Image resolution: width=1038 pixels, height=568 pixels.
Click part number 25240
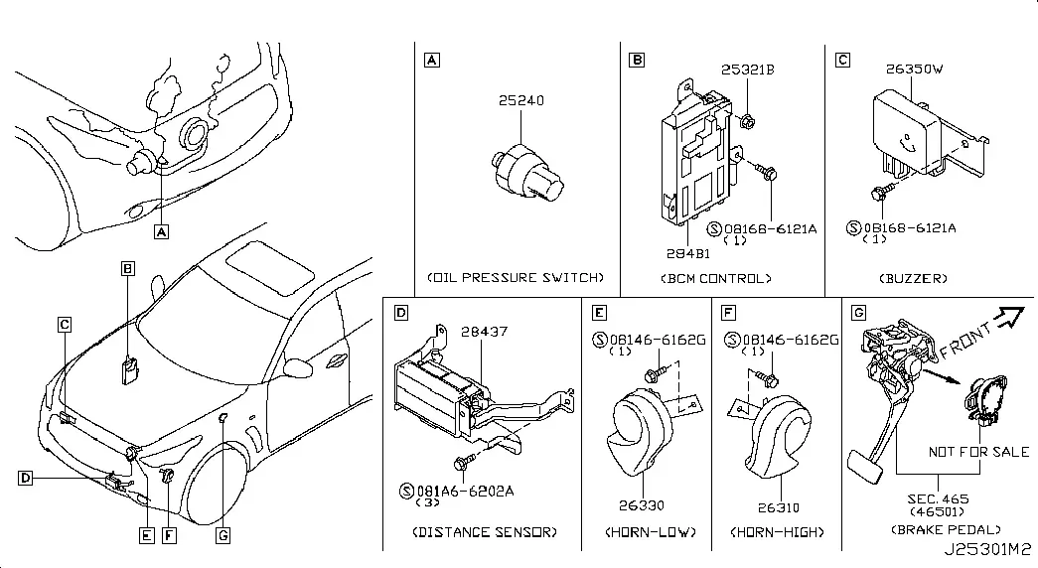tap(520, 100)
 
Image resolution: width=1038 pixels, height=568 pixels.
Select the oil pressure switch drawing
tap(527, 173)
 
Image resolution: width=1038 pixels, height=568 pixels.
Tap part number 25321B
tap(747, 70)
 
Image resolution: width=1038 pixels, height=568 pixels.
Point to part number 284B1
tap(688, 253)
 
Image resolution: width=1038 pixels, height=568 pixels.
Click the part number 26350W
tap(914, 69)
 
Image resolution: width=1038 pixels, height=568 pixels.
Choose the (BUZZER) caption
tap(913, 279)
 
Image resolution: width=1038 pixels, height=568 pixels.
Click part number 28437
tap(485, 331)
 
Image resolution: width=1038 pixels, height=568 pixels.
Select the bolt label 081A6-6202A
tap(465, 492)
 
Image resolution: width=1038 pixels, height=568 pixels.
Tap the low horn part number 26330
tap(642, 505)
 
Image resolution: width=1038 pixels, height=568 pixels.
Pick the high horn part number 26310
tap(779, 507)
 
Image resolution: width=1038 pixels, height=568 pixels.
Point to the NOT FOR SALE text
tap(978, 452)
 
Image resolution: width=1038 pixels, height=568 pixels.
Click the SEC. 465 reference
tap(938, 499)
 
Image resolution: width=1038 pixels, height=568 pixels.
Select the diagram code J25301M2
tap(987, 549)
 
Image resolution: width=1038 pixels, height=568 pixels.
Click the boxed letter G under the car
tap(223, 535)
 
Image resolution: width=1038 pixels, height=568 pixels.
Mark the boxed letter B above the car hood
tap(128, 268)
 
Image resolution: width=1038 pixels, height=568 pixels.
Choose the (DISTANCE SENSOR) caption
tap(485, 532)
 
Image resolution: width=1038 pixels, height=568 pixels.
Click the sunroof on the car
tap(270, 267)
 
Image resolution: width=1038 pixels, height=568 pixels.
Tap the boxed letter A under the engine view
tap(162, 231)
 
